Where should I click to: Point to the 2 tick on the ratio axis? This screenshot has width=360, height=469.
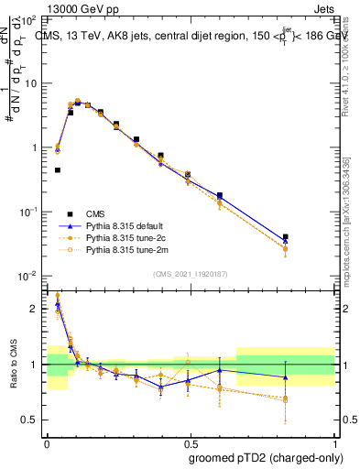pyautogui.click(x=35, y=309)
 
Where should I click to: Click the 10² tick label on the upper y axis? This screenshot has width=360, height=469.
pyautogui.click(x=30, y=19)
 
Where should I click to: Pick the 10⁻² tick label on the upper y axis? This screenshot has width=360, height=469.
pyautogui.click(x=30, y=276)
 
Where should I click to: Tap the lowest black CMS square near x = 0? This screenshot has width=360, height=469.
pyautogui.click(x=57, y=169)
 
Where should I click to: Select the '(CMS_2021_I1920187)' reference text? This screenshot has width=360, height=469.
pyautogui.click(x=190, y=273)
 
